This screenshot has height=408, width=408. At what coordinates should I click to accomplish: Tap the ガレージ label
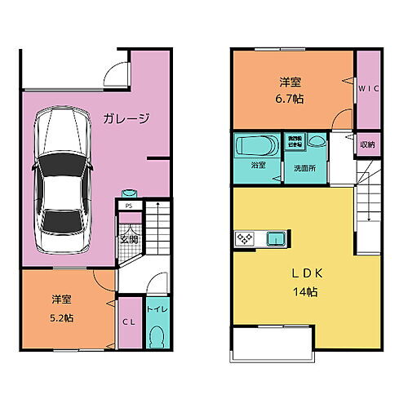coord(126,119)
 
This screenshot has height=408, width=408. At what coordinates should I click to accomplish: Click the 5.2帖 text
coord(61,317)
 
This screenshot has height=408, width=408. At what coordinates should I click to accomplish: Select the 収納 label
coord(368,144)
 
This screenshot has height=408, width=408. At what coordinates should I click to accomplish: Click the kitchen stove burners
coord(246,238)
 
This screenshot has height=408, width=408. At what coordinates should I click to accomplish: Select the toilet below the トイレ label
coord(157,336)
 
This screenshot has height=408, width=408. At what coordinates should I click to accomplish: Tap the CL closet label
coord(129,322)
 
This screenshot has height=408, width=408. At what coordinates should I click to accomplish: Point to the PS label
coord(129,206)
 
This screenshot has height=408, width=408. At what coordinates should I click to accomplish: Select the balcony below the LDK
coord(273,345)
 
